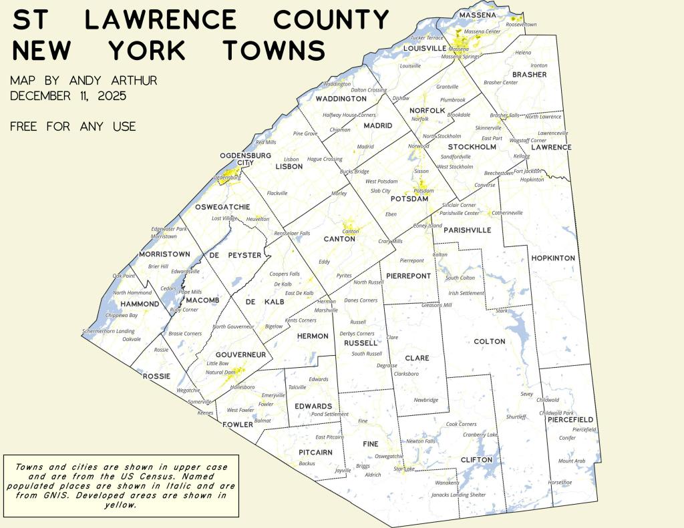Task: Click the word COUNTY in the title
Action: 331,20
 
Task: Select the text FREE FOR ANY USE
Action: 73,126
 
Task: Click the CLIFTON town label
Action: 476,460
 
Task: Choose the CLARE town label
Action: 417,358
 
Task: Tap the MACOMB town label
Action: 202,300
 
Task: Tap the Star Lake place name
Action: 403,469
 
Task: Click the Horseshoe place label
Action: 560,482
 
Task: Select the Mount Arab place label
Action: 571,461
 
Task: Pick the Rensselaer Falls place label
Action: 292,233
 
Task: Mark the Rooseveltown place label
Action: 521,24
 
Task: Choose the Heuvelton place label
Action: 258,219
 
